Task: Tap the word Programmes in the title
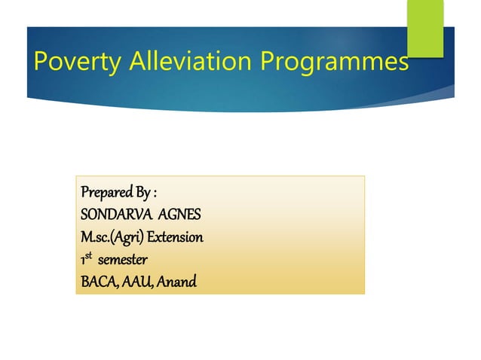click(x=334, y=60)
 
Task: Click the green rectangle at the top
click(x=425, y=26)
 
